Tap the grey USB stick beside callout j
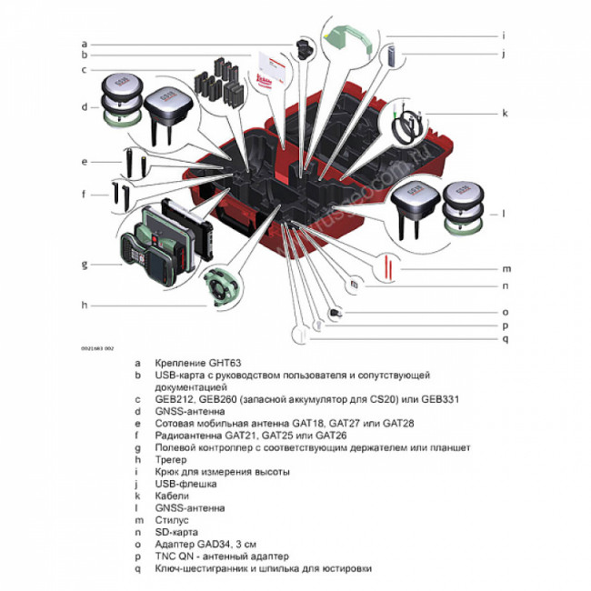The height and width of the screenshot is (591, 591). (x=390, y=55)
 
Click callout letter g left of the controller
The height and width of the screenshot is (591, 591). (x=84, y=265)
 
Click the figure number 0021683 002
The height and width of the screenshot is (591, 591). (x=98, y=347)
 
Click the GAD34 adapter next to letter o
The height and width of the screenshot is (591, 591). (x=336, y=312)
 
